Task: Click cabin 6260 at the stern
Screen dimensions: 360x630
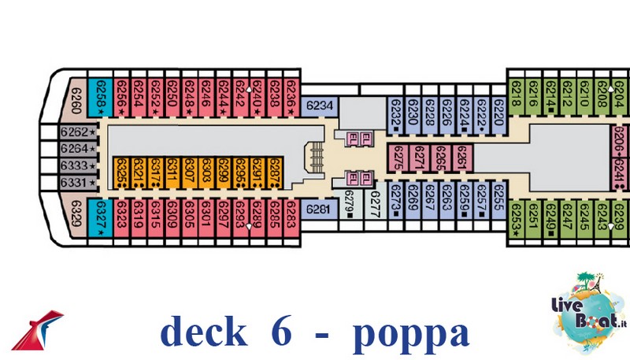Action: point(75,100)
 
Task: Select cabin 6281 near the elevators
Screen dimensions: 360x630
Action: point(317,209)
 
